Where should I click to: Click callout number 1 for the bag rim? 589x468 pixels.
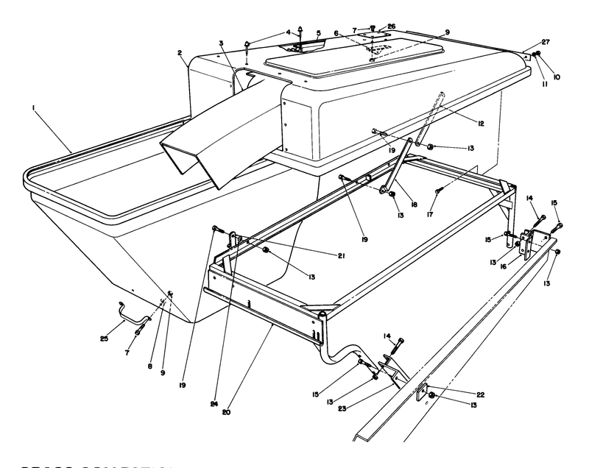(34, 108)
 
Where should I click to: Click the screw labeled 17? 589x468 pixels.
(437, 191)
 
